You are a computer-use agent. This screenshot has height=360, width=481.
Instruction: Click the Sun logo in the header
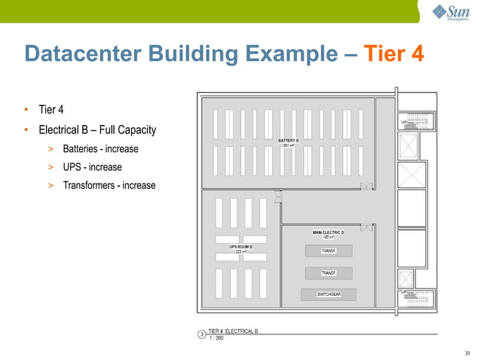[x=450, y=13]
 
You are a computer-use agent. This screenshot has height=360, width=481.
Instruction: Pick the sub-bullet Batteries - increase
[x=100, y=149]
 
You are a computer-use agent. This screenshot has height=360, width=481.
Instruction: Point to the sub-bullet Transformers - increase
[x=109, y=185]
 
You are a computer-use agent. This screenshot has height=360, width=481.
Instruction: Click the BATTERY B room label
[x=288, y=140]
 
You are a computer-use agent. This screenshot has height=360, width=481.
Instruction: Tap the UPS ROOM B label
[x=240, y=246]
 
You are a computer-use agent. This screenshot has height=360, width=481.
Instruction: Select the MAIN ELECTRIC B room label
[x=328, y=232]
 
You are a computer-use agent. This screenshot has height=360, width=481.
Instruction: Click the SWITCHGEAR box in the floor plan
[x=328, y=294]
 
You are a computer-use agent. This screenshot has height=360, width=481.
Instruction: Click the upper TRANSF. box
[x=328, y=250]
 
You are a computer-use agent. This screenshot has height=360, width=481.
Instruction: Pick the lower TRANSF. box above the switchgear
[x=328, y=273]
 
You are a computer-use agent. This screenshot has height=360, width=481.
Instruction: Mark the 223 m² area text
[x=240, y=252]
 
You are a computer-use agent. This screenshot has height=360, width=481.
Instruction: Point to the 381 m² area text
[x=288, y=145]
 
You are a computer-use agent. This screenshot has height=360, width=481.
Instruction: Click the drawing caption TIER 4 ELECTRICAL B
[x=233, y=332]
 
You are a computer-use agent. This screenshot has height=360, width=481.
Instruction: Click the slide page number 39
[x=467, y=352]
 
